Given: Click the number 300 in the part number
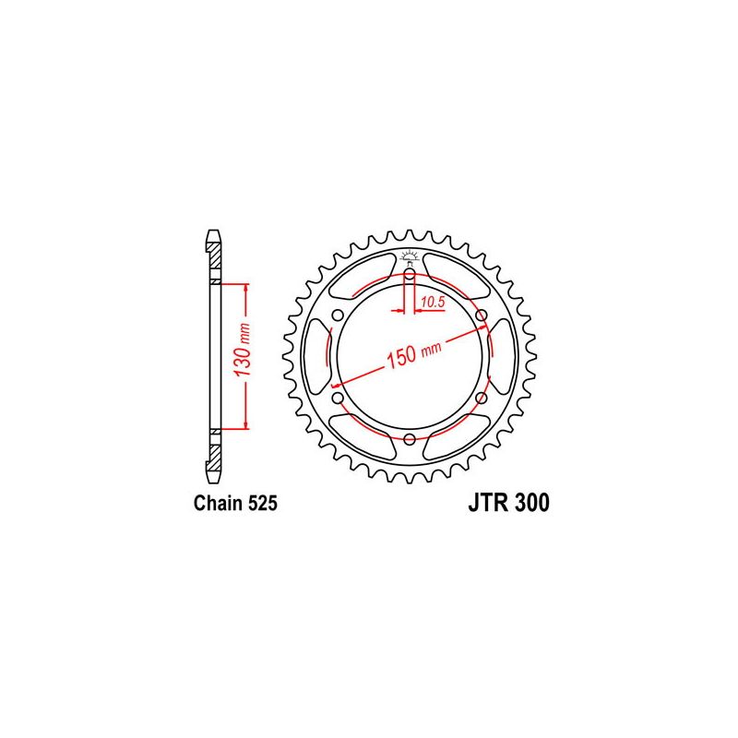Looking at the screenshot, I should [x=532, y=504].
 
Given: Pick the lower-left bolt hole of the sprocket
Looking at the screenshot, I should [x=338, y=398].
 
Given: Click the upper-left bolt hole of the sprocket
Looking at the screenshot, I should [x=338, y=315].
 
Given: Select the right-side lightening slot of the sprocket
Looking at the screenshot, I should [x=498, y=356].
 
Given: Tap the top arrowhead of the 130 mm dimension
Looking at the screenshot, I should [x=246, y=289].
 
